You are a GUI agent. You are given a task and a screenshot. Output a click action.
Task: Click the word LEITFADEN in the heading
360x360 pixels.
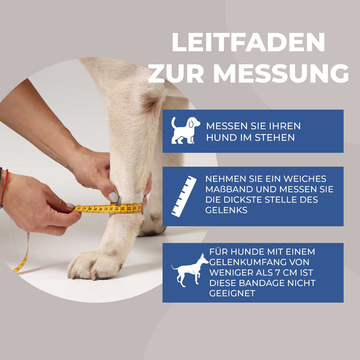pos(248,42)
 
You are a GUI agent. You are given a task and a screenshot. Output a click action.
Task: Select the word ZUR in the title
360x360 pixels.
pos(175,73)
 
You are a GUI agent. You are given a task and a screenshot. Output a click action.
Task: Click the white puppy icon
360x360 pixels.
pos(184,130)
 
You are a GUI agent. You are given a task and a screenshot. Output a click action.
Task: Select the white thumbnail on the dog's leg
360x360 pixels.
pos(114,197)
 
